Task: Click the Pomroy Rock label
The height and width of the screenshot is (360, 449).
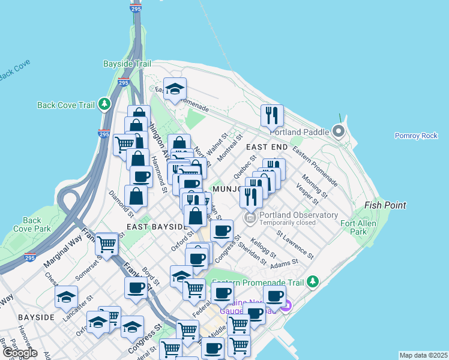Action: (416, 136)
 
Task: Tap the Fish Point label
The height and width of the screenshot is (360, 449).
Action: (385, 205)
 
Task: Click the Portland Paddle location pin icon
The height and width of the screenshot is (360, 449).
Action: (339, 131)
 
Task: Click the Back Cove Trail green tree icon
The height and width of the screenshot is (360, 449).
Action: (105, 104)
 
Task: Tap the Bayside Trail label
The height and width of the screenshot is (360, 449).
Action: (126, 63)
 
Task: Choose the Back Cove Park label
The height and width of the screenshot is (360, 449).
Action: (37, 224)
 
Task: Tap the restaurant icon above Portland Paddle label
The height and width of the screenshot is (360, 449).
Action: (272, 115)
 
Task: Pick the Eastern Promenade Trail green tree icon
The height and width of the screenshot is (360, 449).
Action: (312, 281)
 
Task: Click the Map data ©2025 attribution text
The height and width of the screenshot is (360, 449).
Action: (424, 355)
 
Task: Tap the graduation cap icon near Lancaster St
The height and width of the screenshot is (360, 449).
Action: (66, 296)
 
